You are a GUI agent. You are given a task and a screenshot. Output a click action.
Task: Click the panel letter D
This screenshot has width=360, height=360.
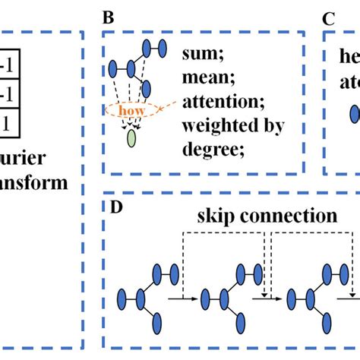[x=109, y=205]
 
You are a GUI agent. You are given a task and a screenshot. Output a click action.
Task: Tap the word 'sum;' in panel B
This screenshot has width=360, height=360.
[x=200, y=55]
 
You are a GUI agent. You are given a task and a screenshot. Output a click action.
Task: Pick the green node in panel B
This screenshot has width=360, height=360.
[x=132, y=138]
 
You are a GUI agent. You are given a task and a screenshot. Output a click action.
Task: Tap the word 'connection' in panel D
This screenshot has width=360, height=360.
[x=281, y=216]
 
